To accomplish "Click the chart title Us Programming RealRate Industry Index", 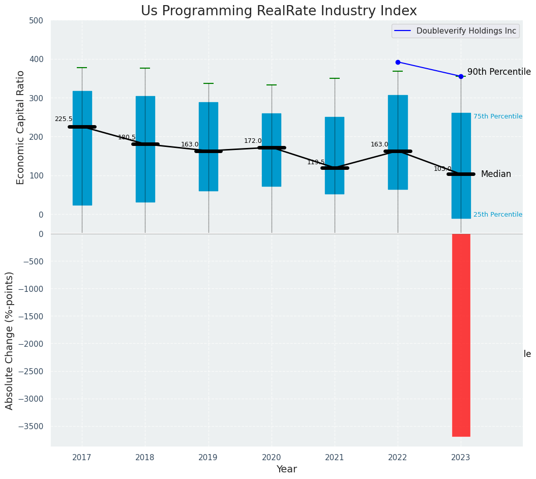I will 279,11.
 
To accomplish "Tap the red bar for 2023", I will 461,335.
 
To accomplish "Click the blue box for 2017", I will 82,148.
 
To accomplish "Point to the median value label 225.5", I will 64,119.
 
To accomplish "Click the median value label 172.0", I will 253,141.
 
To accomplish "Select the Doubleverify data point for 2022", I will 398,62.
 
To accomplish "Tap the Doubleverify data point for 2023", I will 461,76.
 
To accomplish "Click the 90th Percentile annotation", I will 498,72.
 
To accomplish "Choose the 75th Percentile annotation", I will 497,116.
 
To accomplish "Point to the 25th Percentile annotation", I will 497,215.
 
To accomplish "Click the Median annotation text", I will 496,174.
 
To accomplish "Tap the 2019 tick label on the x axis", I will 208,458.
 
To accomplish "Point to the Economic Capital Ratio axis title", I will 21,127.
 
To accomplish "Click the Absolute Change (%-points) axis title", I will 10,340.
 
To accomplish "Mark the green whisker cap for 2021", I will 335,78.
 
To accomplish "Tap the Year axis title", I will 286,469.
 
